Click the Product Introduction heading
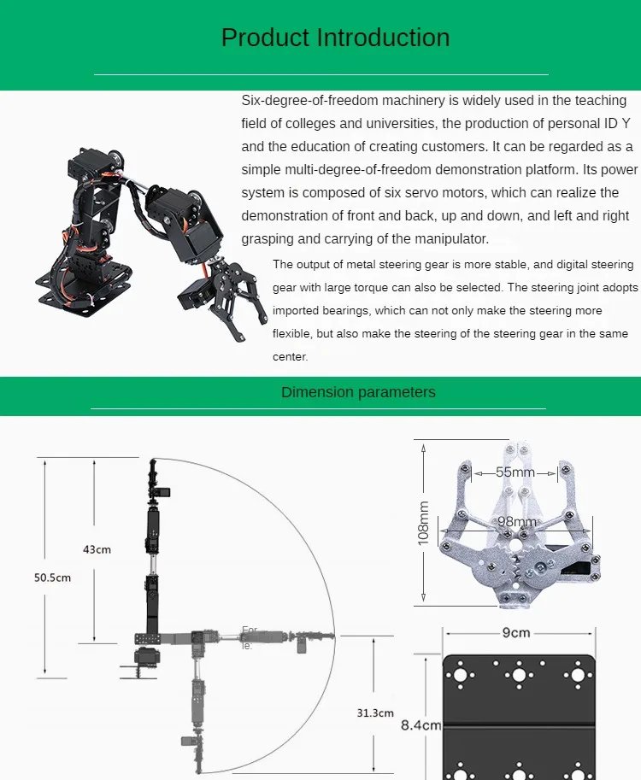[x=335, y=38]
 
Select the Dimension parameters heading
[x=358, y=392]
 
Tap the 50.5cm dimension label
[x=52, y=578]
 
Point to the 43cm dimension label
[x=97, y=549]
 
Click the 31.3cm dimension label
[x=375, y=713]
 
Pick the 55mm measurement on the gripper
[x=515, y=472]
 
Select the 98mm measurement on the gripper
[x=517, y=521]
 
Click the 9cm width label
[x=515, y=633]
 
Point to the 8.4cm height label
[x=420, y=726]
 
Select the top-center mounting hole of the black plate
[x=518, y=675]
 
